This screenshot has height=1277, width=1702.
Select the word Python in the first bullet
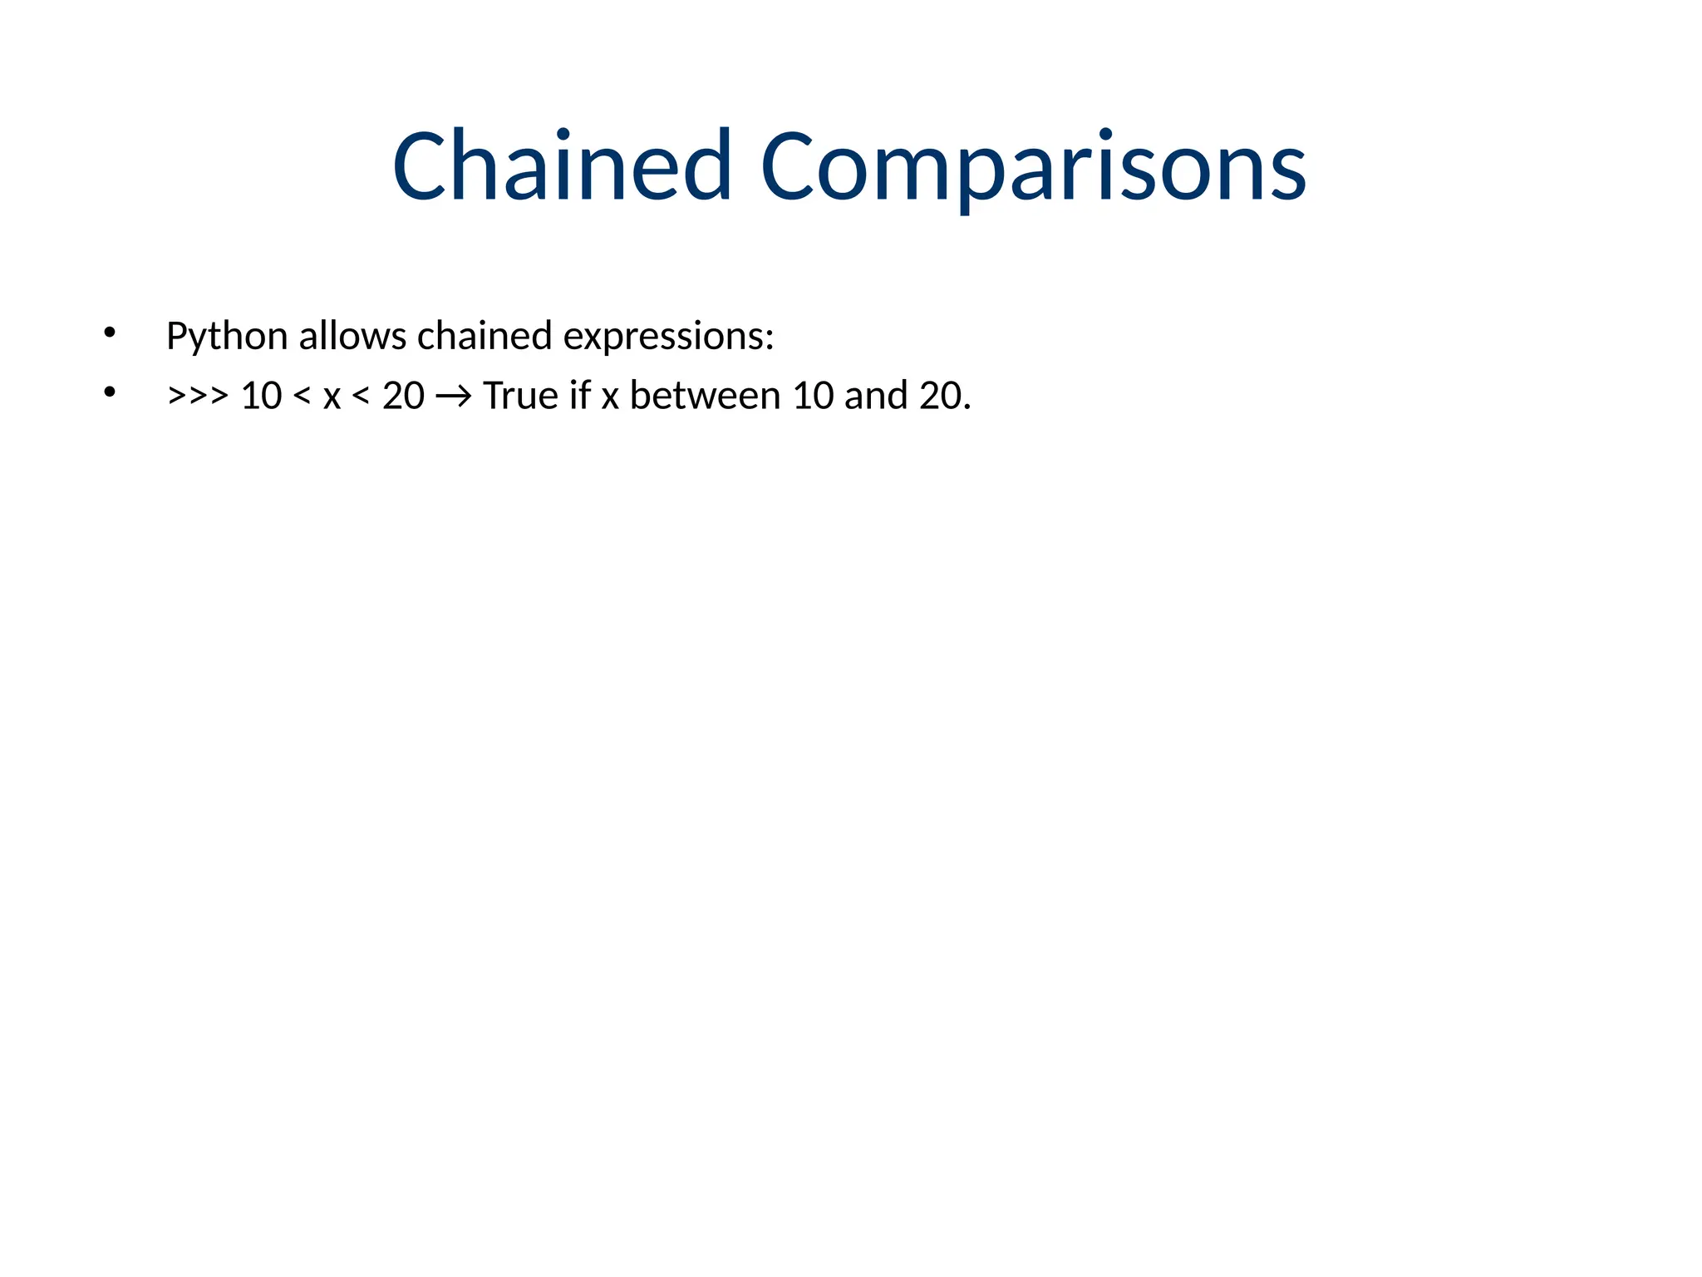click(227, 337)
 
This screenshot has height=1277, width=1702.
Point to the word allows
click(352, 336)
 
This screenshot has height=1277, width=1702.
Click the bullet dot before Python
click(109, 333)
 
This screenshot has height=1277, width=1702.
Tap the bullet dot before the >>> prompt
click(109, 392)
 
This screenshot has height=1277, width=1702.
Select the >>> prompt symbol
click(198, 396)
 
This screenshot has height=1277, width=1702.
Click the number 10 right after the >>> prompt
click(261, 396)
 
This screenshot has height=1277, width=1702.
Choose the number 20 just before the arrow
click(403, 396)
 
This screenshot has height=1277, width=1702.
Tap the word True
click(520, 396)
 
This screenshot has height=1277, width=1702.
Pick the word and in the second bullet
click(876, 396)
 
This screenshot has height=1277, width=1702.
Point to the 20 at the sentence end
click(940, 396)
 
